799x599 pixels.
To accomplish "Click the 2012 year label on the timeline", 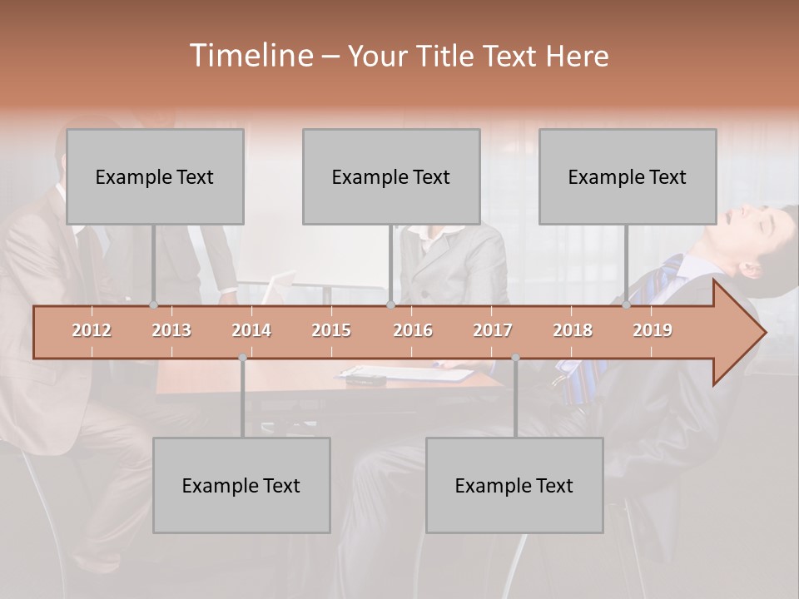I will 92,330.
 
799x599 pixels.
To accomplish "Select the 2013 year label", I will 171,330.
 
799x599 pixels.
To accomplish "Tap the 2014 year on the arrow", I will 251,330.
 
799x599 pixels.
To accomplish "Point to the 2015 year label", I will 331,330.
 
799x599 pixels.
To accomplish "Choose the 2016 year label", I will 413,330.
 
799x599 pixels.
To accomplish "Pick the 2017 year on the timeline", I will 493,330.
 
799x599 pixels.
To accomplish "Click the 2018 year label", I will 573,330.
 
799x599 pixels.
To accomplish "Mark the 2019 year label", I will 653,330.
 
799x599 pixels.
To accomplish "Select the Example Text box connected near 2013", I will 155,176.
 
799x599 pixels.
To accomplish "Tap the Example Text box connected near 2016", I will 391,176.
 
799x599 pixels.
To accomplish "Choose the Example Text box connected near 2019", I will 628,176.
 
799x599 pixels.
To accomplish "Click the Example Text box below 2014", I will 241,485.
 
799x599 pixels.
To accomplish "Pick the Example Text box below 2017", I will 514,485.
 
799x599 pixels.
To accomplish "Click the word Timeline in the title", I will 250,56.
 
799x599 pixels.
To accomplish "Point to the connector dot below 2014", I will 242,358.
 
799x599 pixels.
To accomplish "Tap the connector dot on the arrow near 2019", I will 627,305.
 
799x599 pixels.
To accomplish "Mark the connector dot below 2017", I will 515,358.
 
